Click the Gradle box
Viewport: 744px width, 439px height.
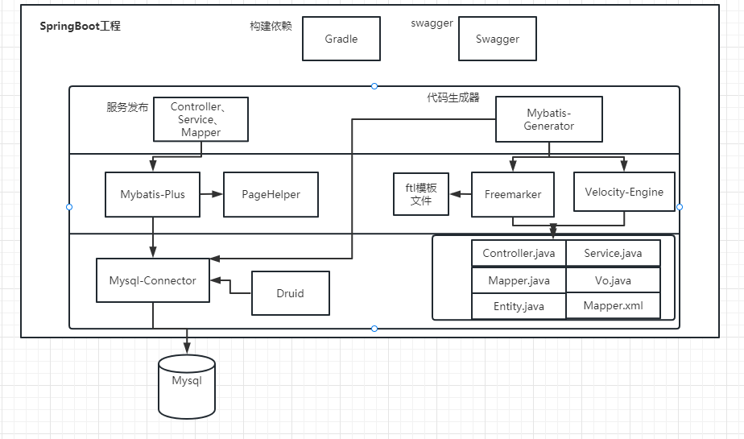click(341, 39)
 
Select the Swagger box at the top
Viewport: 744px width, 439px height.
click(497, 39)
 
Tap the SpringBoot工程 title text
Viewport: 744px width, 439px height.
click(81, 26)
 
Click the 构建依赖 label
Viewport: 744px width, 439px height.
click(271, 26)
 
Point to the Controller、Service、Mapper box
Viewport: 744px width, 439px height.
click(200, 119)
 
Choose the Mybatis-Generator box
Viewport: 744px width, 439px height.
click(549, 120)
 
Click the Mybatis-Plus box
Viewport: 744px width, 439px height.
click(152, 194)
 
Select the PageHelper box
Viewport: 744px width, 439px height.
click(271, 194)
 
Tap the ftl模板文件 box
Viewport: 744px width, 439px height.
click(421, 194)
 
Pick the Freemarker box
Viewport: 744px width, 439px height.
click(512, 194)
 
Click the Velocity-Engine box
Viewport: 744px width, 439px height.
click(624, 192)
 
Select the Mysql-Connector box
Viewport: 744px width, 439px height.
click(152, 280)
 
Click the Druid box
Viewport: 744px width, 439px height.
click(290, 293)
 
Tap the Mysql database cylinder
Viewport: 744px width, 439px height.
click(187, 386)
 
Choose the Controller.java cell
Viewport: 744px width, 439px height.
click(519, 253)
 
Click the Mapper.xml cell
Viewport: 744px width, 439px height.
click(613, 305)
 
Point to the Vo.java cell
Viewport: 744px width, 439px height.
click(613, 280)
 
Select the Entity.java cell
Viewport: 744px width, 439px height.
click(519, 306)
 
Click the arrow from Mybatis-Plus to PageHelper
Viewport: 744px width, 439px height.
click(211, 194)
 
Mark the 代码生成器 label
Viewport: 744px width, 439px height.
click(453, 97)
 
